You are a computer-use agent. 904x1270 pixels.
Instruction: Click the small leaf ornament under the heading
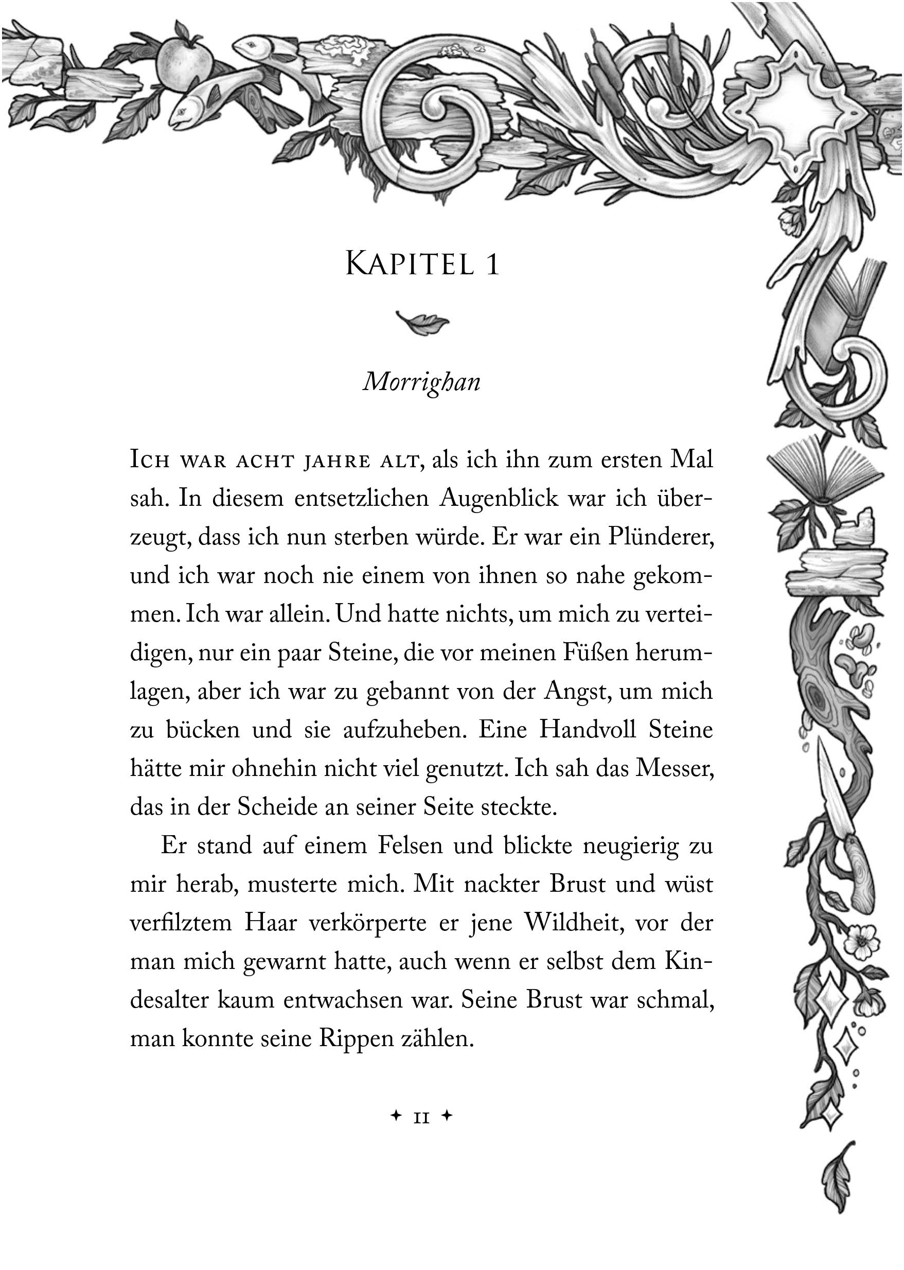(x=422, y=322)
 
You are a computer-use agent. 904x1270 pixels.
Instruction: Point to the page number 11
(x=421, y=1116)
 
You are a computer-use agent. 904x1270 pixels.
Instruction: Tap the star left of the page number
(x=396, y=1116)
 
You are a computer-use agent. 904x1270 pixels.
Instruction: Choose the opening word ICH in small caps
(x=149, y=461)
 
